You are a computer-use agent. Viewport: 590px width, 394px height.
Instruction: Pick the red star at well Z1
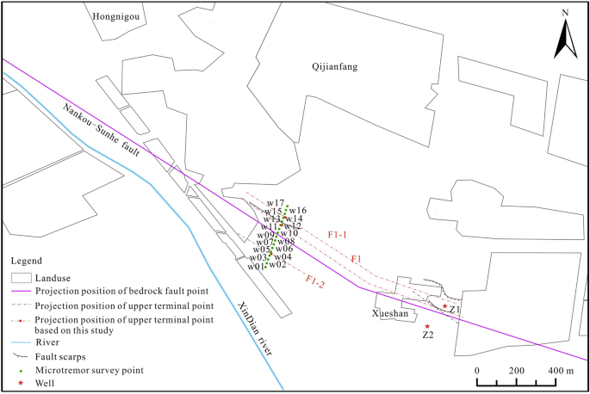[444, 306]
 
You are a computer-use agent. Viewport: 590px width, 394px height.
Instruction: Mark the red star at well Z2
[427, 326]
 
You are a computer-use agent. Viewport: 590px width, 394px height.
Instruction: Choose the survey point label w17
[274, 203]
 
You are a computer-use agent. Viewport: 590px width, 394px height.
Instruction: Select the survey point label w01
[256, 267]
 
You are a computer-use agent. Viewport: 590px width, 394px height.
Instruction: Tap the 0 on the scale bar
[477, 370]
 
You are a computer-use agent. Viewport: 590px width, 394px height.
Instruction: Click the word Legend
[28, 260]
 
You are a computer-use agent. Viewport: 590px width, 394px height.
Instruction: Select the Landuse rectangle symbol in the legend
[21, 278]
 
